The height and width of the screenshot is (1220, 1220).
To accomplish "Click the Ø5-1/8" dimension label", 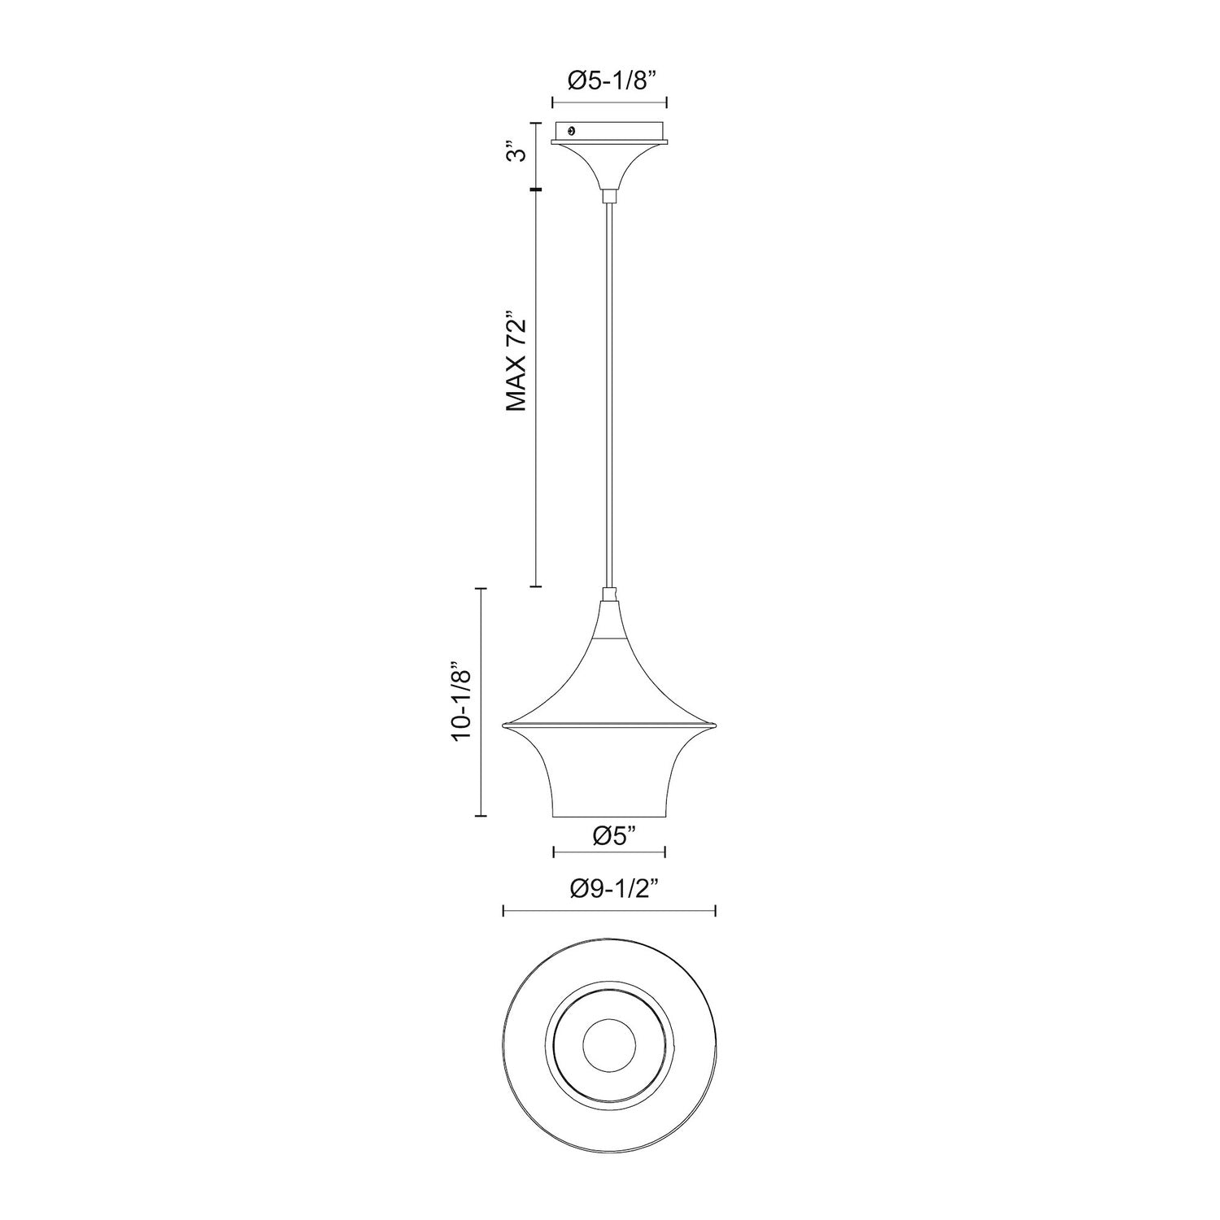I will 609,81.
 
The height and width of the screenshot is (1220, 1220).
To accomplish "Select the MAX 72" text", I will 516,360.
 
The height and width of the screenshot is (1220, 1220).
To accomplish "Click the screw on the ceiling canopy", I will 573,130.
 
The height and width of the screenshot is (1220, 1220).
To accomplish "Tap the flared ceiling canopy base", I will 609,163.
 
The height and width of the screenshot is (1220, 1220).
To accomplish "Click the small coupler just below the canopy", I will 609,196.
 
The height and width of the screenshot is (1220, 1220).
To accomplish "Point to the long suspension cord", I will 609,390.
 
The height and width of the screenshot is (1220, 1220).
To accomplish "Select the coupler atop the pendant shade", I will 609,595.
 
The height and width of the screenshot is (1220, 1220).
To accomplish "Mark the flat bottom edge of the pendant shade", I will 609,816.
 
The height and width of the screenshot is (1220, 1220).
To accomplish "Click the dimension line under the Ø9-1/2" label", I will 609,910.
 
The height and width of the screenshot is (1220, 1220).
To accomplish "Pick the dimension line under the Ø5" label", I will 609,852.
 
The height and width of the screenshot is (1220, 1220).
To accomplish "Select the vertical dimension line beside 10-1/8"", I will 483,702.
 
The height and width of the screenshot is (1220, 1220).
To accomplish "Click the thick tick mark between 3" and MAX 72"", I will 535,190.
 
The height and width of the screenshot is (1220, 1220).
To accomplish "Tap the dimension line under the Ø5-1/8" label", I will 609,102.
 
